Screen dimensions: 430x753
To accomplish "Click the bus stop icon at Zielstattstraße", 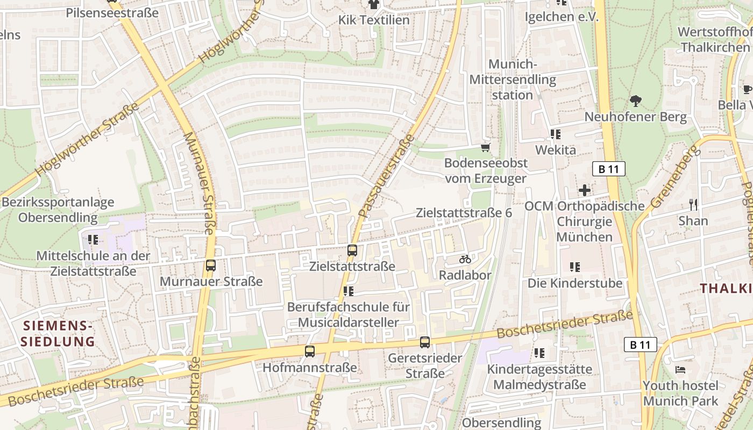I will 352,250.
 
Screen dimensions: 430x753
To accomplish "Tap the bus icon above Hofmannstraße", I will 310,352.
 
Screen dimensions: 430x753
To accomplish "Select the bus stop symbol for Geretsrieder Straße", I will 425,342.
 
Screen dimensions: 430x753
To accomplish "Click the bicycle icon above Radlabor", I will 465,259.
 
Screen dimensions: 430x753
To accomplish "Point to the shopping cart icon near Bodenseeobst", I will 486,147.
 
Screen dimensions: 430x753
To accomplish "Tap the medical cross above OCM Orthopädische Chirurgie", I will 584,190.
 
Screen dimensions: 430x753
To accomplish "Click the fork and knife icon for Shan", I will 693,204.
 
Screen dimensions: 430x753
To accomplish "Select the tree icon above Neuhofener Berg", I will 636,101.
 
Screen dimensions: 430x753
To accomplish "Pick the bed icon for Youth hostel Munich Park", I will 680,370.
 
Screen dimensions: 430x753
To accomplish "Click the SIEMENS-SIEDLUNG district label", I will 57,333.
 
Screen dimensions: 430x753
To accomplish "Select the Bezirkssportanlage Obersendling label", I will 58,210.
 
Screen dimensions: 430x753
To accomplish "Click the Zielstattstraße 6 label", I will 464,213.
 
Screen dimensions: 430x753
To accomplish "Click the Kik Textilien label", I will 374,20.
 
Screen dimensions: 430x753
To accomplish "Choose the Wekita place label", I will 556,150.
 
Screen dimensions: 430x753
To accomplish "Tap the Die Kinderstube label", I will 574,283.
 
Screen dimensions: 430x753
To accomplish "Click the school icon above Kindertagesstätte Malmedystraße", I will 539,353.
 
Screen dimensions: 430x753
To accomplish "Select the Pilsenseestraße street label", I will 112,13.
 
